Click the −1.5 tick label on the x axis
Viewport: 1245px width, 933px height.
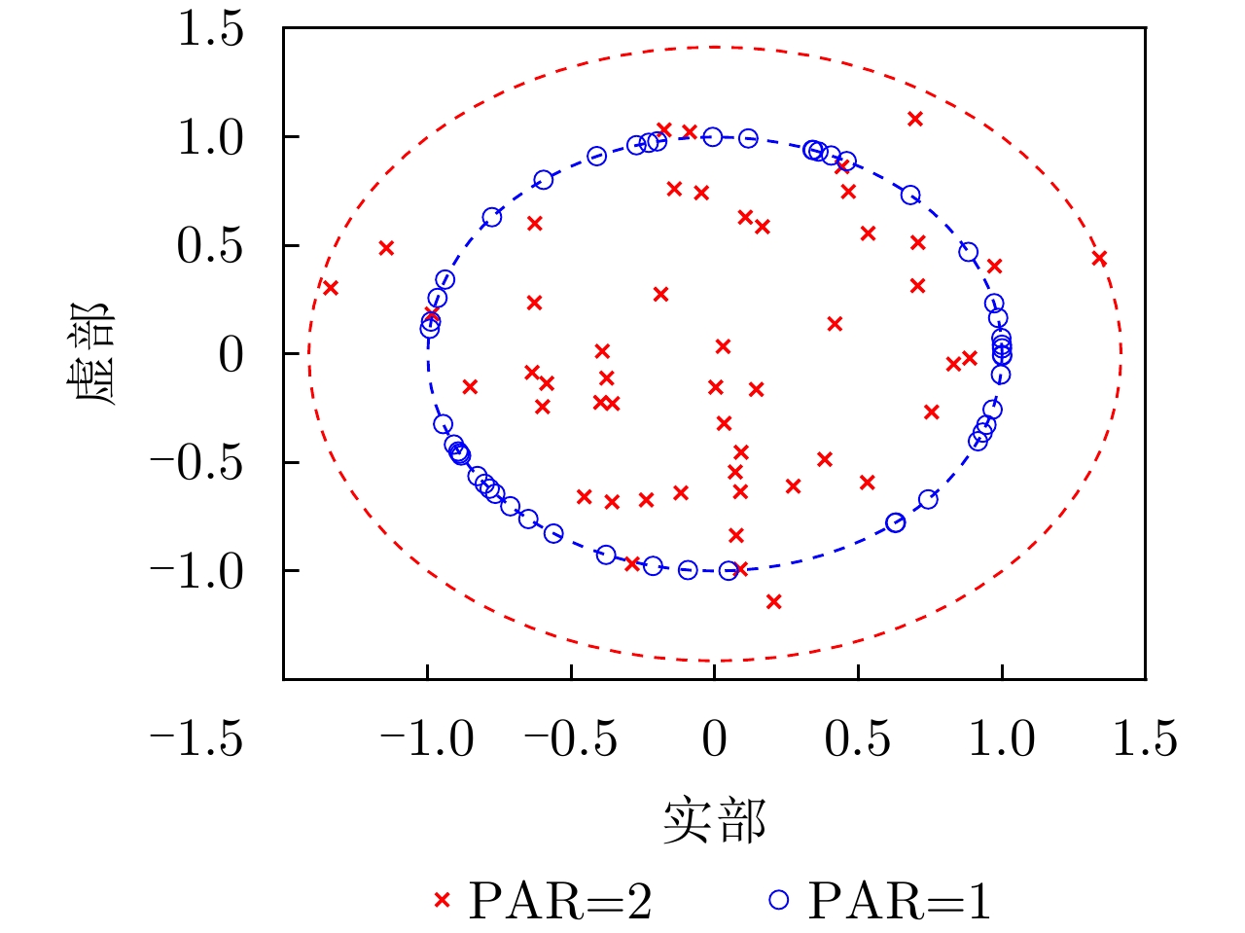click(x=196, y=739)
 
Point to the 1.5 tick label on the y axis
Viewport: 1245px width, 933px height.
click(x=209, y=29)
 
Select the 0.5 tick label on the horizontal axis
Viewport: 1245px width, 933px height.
click(x=857, y=739)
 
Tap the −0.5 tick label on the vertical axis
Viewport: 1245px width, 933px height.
click(x=196, y=463)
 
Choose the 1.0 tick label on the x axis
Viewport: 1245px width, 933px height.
click(x=1001, y=739)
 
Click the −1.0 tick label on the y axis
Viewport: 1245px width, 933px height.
click(x=196, y=571)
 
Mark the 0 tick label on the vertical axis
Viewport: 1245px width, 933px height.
click(x=231, y=355)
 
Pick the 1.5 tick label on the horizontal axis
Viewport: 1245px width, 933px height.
click(x=1145, y=739)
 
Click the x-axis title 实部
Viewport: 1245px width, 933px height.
click(x=714, y=822)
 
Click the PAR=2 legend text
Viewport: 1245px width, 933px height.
click(x=560, y=901)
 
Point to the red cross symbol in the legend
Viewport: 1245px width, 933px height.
click(x=443, y=901)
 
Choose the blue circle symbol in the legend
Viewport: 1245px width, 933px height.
click(x=779, y=901)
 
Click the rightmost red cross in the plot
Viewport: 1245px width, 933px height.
click(x=1099, y=259)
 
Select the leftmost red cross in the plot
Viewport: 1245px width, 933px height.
click(x=330, y=288)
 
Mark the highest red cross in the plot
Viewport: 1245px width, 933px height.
click(x=914, y=119)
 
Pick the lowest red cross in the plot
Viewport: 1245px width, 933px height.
click(x=773, y=601)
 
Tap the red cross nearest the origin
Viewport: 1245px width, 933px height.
click(x=723, y=346)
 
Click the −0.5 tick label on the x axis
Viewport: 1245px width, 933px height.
click(x=571, y=739)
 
